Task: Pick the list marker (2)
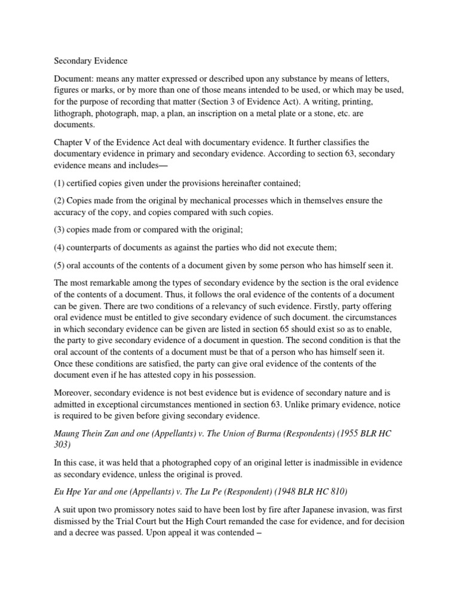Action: [x=60, y=200]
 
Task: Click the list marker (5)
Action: [x=60, y=267]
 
